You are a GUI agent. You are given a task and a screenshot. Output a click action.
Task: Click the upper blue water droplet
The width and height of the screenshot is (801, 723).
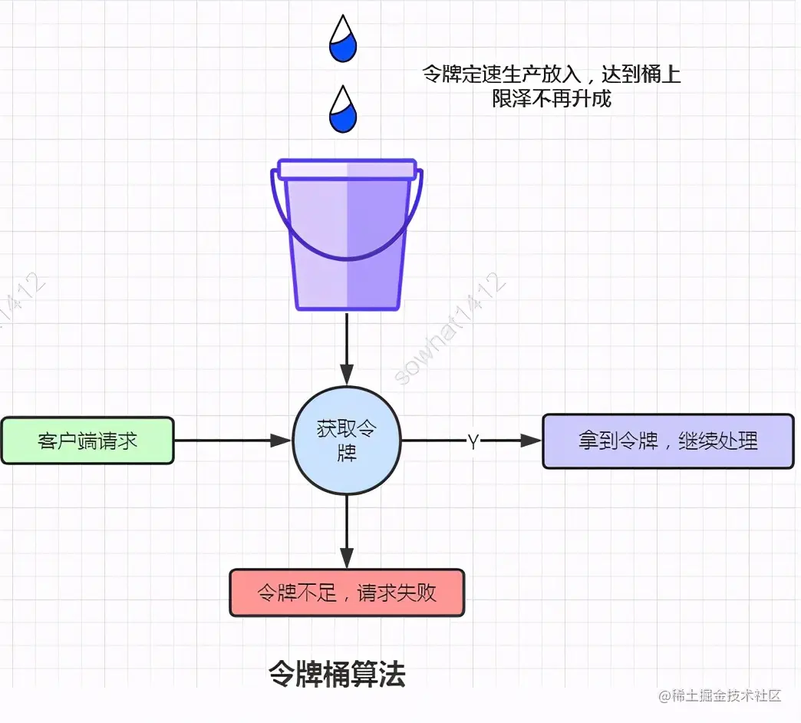coord(343,40)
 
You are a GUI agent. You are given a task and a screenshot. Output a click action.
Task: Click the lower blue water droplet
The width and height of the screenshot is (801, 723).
coord(343,111)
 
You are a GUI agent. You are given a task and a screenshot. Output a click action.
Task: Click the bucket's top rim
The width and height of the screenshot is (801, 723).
coord(347,169)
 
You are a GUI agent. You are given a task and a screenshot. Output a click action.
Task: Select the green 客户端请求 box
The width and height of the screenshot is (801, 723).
coord(87,441)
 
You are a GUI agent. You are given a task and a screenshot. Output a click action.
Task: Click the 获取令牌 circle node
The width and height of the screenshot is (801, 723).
coord(347,441)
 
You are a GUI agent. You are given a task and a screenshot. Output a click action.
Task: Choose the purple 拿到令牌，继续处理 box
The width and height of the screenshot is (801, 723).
coord(667,441)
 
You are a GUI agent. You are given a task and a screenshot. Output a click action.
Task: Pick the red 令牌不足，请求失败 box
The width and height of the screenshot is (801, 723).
coord(347,593)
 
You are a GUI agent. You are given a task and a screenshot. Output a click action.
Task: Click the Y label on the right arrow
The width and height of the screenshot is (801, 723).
coord(473,441)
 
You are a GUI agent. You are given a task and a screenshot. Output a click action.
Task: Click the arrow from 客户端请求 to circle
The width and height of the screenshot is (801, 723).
coord(230,441)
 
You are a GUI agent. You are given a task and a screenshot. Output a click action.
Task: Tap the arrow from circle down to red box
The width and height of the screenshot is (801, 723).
coord(347,530)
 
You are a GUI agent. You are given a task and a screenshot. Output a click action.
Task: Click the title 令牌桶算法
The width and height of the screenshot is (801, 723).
coord(337,675)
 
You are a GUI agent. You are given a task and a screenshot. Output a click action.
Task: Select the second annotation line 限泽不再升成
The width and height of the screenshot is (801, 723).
coord(552,98)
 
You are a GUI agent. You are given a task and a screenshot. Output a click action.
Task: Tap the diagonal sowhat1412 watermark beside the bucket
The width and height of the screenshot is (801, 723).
coord(451,328)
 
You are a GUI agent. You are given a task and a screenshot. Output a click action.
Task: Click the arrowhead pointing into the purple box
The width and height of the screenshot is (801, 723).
coord(532,441)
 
